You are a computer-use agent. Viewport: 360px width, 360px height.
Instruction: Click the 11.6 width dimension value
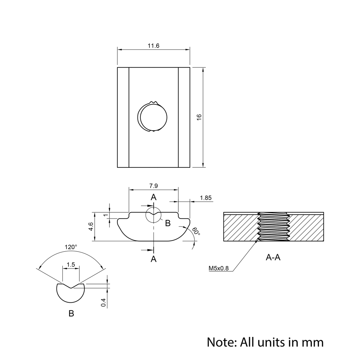click(153, 46)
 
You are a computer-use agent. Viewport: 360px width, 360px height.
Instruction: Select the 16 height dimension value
click(199, 117)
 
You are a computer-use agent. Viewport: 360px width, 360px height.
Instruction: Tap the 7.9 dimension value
click(153, 186)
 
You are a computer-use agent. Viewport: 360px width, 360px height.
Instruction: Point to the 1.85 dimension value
click(206, 198)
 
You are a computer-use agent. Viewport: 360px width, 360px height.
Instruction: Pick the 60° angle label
click(196, 231)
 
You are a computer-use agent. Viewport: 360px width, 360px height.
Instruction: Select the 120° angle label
click(71, 247)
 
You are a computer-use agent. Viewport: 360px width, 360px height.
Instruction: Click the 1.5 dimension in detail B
click(71, 265)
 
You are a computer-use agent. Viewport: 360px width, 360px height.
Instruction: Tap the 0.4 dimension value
click(104, 303)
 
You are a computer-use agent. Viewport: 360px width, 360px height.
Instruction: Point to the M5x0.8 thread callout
click(219, 268)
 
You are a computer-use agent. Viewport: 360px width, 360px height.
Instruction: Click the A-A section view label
click(273, 257)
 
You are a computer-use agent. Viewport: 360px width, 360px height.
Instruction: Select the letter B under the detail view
click(71, 314)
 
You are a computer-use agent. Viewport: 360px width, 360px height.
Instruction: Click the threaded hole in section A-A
click(274, 227)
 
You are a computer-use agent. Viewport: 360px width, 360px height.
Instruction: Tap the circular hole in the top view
click(154, 117)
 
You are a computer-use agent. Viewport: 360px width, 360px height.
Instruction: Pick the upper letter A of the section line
click(154, 197)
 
